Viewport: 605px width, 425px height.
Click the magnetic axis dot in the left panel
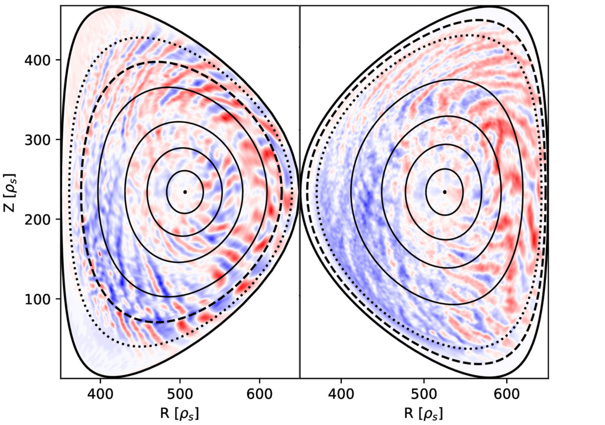tap(185, 192)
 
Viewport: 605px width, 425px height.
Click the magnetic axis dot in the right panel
tap(444, 192)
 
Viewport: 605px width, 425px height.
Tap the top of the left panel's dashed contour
tap(155, 61)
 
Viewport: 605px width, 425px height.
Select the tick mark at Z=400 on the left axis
tap(59, 60)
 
